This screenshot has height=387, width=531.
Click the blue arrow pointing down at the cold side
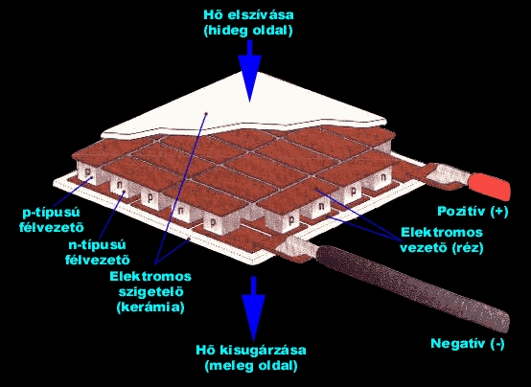tap(249, 71)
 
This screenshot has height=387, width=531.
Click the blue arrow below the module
tap(253, 308)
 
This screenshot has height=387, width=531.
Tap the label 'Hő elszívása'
tap(248, 15)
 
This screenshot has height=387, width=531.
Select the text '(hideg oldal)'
tap(248, 31)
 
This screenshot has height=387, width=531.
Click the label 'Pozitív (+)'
tap(473, 212)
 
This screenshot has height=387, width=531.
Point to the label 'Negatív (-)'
tap(468, 344)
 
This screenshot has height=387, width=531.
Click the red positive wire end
tap(489, 186)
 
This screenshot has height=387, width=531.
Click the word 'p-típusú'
tap(51, 213)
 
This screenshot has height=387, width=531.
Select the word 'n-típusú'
tap(97, 245)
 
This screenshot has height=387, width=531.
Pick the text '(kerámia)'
tap(150, 307)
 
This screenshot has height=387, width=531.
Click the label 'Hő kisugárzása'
tap(251, 350)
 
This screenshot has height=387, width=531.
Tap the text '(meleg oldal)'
tap(251, 366)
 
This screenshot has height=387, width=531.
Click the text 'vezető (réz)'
tap(442, 248)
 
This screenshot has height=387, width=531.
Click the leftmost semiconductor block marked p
tap(88, 172)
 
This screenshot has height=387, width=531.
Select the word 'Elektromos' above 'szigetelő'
tap(150, 276)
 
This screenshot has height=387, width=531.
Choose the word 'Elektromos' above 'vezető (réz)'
tap(442, 232)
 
